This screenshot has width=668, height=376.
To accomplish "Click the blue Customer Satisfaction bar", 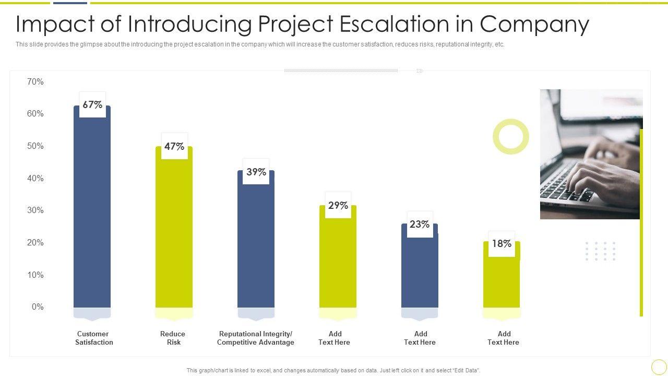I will pos(92,209).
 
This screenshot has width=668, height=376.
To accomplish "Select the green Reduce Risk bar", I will pos(174,230).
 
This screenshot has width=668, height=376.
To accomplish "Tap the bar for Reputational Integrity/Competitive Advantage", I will pos(256,240).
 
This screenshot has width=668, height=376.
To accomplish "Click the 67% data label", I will pos(92,104).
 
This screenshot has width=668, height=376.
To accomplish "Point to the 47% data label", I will pos(174,146).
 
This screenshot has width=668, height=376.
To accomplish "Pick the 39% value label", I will pos(256,172).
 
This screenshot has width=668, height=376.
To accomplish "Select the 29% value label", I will pos(338,205).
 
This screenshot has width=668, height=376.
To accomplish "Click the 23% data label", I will pos(420,224).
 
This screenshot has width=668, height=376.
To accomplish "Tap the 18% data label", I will pos(502,243).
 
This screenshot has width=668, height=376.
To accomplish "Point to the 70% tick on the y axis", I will pos(35,81).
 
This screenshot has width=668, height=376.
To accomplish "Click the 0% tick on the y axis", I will pos(38,307).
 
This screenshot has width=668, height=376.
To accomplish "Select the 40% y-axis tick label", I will pos(35,178).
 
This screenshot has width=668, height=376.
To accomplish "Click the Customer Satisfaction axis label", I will pos(93,338).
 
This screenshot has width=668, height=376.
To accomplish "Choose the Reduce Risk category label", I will pos(173,338).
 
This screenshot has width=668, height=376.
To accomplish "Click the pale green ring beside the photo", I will pos(511,136).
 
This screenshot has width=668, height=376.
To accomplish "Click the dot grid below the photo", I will pos(600,251).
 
